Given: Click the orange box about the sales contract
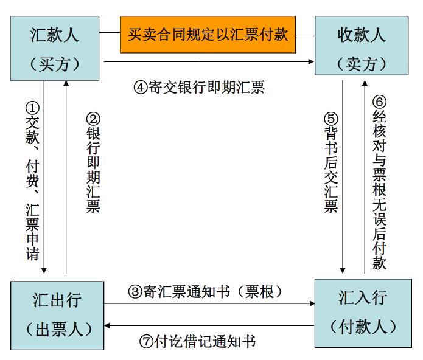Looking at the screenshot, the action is click(208, 35).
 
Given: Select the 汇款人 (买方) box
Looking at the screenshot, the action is click(55, 48).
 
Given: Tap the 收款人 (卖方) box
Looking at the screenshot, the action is click(362, 46).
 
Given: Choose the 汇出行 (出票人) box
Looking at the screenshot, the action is click(57, 316).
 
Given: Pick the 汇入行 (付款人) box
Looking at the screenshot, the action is click(363, 313).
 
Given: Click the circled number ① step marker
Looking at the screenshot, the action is click(32, 108).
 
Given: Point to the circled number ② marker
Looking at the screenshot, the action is click(93, 119).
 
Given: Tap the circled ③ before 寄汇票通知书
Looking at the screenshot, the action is click(135, 291).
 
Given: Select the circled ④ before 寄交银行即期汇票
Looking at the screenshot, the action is click(141, 88).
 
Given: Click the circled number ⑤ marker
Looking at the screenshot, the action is click(331, 119).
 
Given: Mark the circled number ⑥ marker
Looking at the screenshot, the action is click(379, 102).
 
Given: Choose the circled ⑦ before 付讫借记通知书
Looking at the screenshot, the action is click(147, 342).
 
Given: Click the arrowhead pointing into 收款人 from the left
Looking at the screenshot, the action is click(311, 61).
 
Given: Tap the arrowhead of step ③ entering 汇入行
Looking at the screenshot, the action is click(312, 303).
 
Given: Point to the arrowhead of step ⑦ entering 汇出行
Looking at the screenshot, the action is click(107, 325).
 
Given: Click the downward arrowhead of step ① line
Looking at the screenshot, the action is click(44, 271).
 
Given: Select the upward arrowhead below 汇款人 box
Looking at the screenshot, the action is click(66, 83).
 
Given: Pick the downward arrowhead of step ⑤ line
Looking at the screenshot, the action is click(343, 271).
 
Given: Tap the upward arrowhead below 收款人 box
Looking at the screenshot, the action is click(365, 83).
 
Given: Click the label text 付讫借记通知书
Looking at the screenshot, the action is click(205, 342).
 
